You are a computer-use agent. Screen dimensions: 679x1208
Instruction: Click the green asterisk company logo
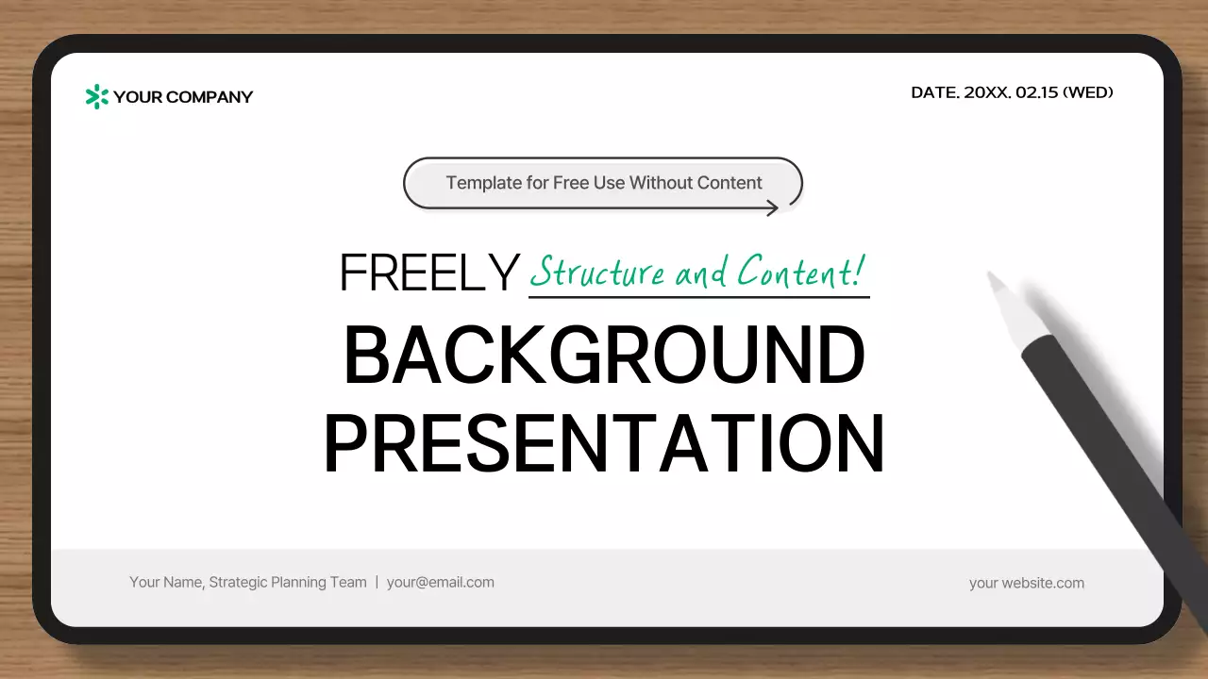pyautogui.click(x=97, y=96)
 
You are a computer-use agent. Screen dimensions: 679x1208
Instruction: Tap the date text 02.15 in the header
pyautogui.click(x=1037, y=92)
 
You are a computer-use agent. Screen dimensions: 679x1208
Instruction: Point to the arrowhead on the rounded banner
pyautogui.click(x=773, y=207)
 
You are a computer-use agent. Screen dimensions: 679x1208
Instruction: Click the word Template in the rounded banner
pyautogui.click(x=483, y=183)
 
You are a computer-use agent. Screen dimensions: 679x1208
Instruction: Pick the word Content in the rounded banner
pyautogui.click(x=730, y=183)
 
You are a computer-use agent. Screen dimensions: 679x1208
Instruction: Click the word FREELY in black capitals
pyautogui.click(x=429, y=273)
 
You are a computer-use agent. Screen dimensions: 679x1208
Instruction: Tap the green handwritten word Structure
pyautogui.click(x=597, y=273)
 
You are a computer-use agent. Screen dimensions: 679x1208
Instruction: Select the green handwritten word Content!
pyautogui.click(x=800, y=272)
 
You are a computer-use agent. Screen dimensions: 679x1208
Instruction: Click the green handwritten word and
pyautogui.click(x=701, y=273)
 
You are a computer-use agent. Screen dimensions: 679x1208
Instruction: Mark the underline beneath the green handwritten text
pyautogui.click(x=698, y=297)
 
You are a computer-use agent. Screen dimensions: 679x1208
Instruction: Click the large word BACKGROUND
pyautogui.click(x=604, y=356)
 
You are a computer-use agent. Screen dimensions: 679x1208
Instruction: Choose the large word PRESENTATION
pyautogui.click(x=604, y=443)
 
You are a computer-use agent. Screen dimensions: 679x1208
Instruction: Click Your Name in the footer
pyautogui.click(x=165, y=582)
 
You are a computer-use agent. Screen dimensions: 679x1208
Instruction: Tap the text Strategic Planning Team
pyautogui.click(x=288, y=582)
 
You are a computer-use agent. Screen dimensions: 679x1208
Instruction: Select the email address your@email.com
pyautogui.click(x=440, y=582)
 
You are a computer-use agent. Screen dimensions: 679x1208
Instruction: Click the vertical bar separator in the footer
pyautogui.click(x=377, y=582)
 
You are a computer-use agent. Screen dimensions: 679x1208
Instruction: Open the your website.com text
pyautogui.click(x=1026, y=583)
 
